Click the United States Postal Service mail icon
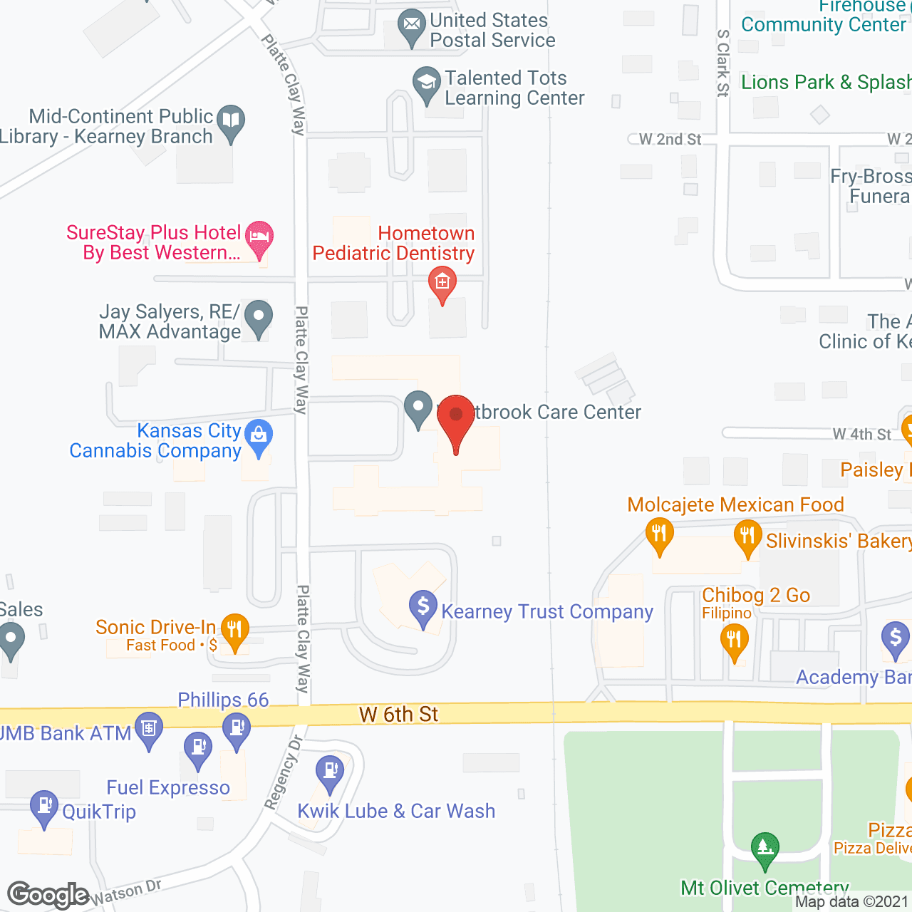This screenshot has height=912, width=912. (x=411, y=26)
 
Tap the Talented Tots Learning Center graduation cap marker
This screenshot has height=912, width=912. (x=426, y=84)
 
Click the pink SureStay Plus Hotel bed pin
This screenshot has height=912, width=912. (x=259, y=238)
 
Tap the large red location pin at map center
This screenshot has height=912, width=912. (x=455, y=420)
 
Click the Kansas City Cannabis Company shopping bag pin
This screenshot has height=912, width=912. (x=258, y=436)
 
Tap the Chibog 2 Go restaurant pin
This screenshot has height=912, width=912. (x=734, y=641)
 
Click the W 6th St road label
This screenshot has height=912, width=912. (x=398, y=714)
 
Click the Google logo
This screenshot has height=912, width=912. (x=48, y=895)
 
